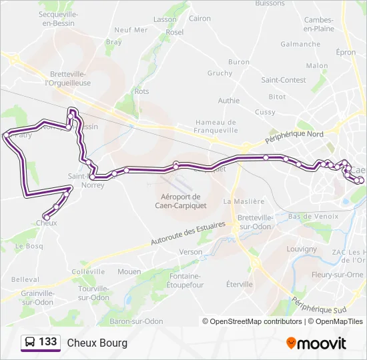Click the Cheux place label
click(x=46, y=223)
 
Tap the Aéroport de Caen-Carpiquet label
click(x=181, y=201)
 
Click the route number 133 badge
click(x=47, y=342)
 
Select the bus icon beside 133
click(x=30, y=343)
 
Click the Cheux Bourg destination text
click(x=97, y=343)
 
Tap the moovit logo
click(x=316, y=343)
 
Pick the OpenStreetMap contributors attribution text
click(x=252, y=321)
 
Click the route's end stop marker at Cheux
click(x=46, y=216)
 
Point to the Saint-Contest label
click(x=283, y=80)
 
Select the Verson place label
click(x=191, y=252)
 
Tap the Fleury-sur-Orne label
click(x=337, y=275)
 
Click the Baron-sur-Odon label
click(x=136, y=321)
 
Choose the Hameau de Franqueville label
click(x=216, y=127)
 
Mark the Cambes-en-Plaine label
click(x=319, y=25)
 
